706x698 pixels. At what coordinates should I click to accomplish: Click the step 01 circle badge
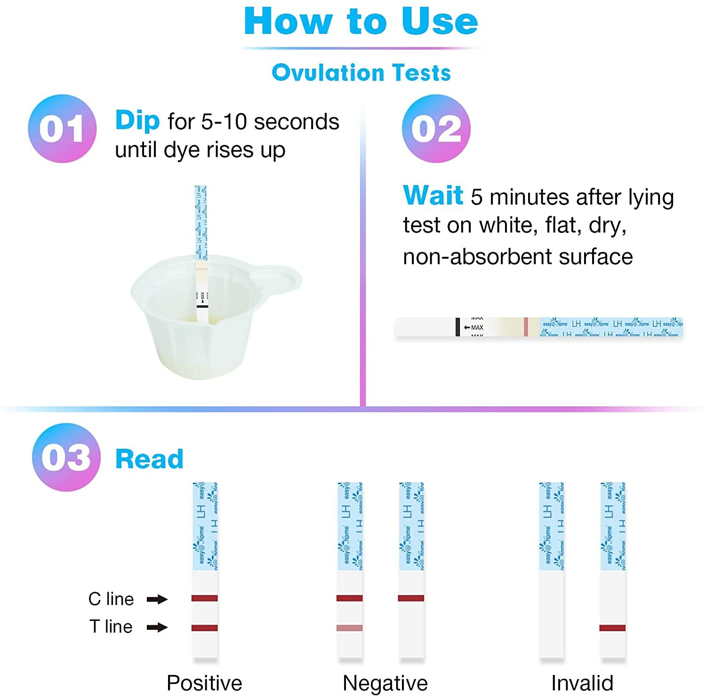pos(62,128)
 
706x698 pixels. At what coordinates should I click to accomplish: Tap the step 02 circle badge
pos(436,128)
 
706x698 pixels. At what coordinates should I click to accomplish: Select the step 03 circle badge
pos(66,457)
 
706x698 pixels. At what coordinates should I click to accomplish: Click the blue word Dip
pos(137,120)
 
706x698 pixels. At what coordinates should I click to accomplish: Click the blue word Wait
pos(433,195)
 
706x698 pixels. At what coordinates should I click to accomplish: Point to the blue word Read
pos(149,459)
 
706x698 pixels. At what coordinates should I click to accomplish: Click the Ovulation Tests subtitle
pos(361,73)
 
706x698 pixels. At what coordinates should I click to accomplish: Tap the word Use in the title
pos(440,22)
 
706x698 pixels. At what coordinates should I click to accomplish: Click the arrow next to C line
pos(157,599)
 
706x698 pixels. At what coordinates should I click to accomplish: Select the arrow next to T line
pos(157,627)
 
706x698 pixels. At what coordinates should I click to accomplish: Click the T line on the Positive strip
pos(205,628)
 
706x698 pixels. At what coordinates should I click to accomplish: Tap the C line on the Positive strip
pos(205,598)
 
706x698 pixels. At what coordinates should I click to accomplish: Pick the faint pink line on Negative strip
pos(350,628)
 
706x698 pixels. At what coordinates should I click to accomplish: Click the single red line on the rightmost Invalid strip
pos(612,628)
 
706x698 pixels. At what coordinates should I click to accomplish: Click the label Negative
pos(385,683)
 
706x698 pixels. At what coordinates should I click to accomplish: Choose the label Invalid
pos(582,683)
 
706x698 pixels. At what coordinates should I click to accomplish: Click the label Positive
pos(204,683)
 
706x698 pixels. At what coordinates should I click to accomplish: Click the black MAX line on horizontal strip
pos(457,327)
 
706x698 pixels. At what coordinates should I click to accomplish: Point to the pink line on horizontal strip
pos(526,327)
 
